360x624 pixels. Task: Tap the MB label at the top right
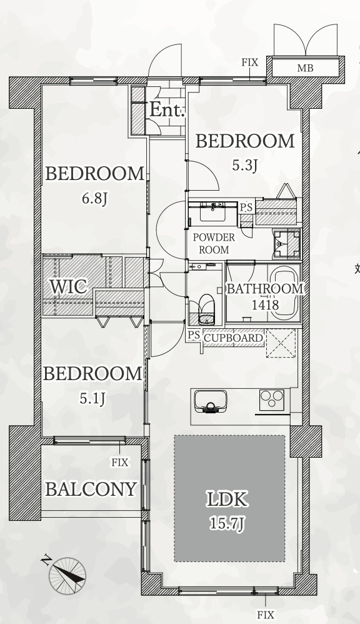[x=305, y=68]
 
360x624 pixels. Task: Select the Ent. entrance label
[x=167, y=110]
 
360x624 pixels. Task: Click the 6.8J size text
[x=95, y=198]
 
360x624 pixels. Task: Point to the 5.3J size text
[x=244, y=164]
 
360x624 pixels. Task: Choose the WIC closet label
[x=68, y=286]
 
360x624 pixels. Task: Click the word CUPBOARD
[x=234, y=338]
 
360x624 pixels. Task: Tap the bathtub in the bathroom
[x=284, y=292]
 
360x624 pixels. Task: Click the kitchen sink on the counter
[x=211, y=401]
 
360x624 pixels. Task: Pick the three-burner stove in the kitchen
[x=272, y=400]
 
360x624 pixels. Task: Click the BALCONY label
[x=91, y=489]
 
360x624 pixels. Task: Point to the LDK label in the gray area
[x=227, y=500]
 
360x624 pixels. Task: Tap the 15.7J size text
[x=227, y=524]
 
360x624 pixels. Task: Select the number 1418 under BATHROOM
[x=265, y=305]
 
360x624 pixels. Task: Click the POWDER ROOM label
[x=214, y=244]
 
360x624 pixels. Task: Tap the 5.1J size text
[x=92, y=398]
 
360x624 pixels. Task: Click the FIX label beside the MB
[x=250, y=63]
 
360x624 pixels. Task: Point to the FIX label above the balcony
[x=120, y=463]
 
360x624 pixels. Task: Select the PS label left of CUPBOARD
[x=194, y=335]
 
